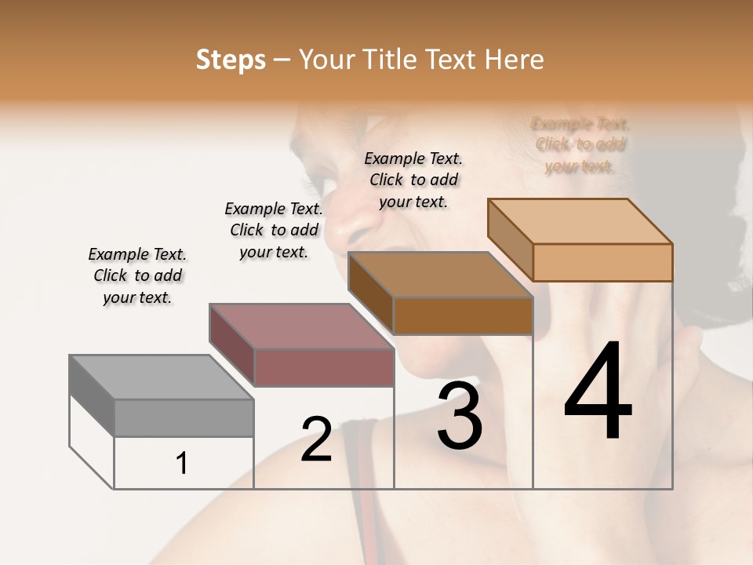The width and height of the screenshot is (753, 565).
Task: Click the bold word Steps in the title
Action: [x=231, y=60]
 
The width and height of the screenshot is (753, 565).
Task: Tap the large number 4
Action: [x=598, y=392]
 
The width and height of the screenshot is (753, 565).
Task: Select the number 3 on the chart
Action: [x=460, y=416]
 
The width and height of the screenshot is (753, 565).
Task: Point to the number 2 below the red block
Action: [x=316, y=439]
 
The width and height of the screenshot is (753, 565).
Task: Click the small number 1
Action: [x=181, y=464]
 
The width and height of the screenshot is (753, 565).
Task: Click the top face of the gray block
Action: [x=161, y=377]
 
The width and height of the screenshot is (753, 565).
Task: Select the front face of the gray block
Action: [x=184, y=417]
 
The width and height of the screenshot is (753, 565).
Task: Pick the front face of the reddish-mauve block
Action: [x=323, y=367]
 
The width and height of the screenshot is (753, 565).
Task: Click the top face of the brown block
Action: [x=440, y=275]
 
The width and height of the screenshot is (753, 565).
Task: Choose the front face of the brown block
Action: [x=463, y=315]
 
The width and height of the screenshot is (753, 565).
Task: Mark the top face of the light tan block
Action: [x=580, y=221]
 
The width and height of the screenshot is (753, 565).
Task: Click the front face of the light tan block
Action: [x=602, y=262]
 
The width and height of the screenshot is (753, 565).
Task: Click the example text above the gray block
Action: [x=137, y=276]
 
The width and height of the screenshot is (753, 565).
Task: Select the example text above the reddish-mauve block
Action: [x=274, y=230]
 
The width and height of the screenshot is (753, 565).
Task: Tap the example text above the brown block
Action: [x=413, y=180]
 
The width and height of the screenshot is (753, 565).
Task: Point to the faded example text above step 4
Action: [x=580, y=144]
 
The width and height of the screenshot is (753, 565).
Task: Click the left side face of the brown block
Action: [x=370, y=293]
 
